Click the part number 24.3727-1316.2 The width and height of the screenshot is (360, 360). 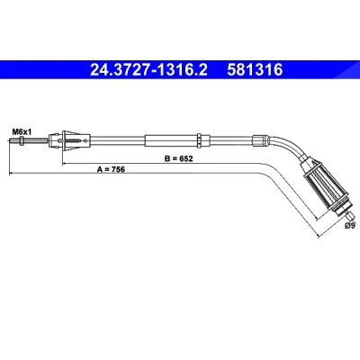click(148, 70)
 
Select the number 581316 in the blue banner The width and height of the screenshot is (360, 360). click(255, 70)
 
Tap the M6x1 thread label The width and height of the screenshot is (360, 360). click(22, 131)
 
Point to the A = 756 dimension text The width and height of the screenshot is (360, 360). click(111, 169)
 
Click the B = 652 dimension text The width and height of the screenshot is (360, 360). click(178, 158)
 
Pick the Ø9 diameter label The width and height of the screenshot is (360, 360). click(350, 226)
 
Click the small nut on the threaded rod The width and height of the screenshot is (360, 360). click(22, 140)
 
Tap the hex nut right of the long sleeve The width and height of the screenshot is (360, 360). click(199, 140)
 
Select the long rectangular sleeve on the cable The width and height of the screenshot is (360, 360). click(171, 140)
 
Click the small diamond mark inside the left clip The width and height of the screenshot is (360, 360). click(85, 140)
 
